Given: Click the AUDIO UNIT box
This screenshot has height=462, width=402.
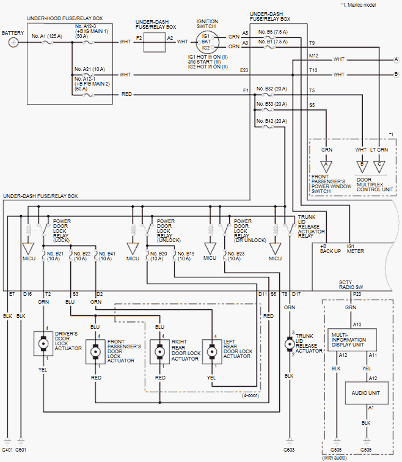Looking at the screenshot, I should click(x=366, y=393).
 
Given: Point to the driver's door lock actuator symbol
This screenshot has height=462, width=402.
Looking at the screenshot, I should click(x=43, y=344).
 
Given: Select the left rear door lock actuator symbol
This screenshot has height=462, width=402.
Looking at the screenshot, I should click(x=211, y=352).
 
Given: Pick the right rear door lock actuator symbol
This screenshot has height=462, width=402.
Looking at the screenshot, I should click(x=160, y=352).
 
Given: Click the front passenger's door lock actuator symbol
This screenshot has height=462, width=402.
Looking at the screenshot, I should click(x=95, y=352).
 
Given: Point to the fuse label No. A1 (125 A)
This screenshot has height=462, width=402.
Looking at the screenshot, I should click(x=47, y=37).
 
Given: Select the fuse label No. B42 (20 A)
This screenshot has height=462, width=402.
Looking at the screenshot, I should click(x=272, y=122).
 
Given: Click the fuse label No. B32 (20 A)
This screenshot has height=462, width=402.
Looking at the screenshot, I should click(x=272, y=88).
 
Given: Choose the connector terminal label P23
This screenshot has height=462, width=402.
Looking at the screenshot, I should click(x=357, y=295).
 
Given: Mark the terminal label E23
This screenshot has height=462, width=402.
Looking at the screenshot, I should click(x=244, y=70).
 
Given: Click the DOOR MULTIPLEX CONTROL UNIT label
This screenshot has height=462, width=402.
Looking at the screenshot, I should click(x=375, y=185).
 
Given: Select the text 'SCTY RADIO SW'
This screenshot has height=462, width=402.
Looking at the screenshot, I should click(x=353, y=285).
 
